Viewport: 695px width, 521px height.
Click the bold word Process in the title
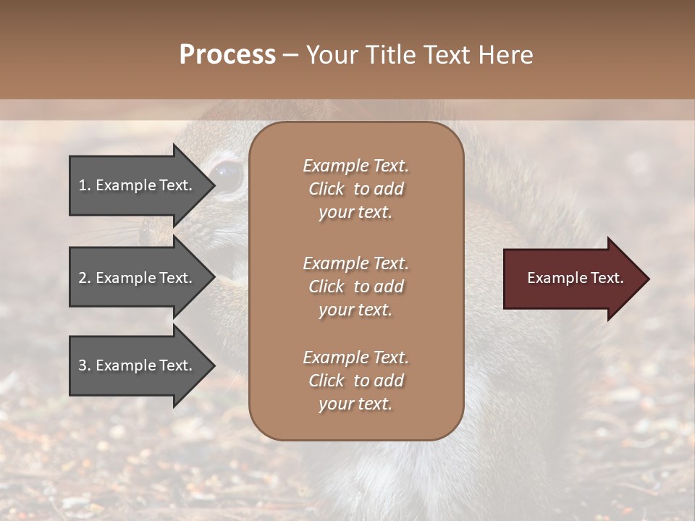coord(227,55)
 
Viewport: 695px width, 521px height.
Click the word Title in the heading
coord(389,55)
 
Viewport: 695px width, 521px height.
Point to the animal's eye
coord(227,177)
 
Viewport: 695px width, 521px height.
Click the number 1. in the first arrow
coord(84,185)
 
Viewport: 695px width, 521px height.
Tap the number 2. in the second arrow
coord(84,278)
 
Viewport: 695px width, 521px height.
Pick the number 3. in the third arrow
coord(84,365)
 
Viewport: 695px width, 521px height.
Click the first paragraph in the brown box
coord(355,189)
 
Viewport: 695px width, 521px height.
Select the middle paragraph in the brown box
coord(355,287)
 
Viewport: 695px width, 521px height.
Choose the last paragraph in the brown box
coord(355,381)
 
